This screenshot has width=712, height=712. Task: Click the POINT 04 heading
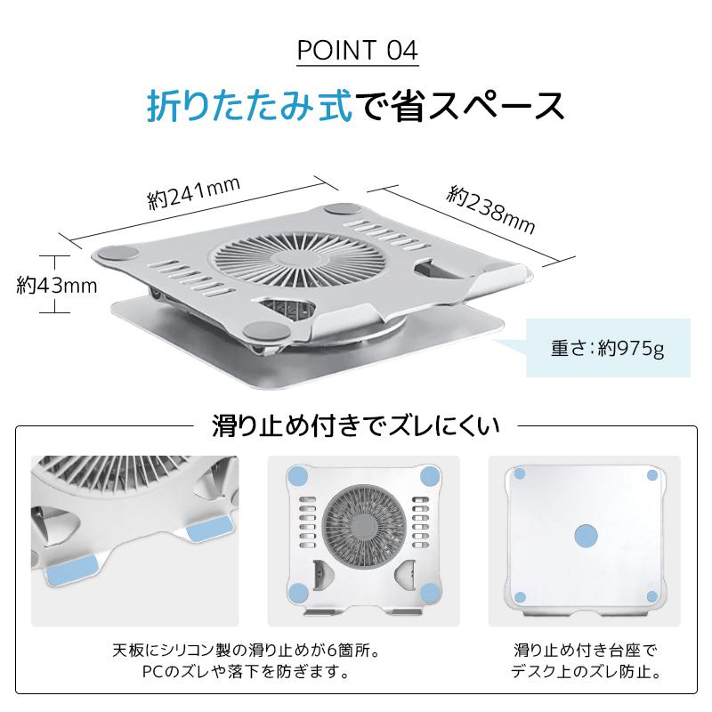356,50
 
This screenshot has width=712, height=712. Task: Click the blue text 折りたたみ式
249,105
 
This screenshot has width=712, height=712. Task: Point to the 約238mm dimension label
492,210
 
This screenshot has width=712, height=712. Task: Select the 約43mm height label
56,285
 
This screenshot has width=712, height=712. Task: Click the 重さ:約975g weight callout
595,347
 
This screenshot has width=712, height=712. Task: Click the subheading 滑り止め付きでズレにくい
356,425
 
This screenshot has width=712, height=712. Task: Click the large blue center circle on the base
586,534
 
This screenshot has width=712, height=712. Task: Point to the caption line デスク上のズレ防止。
586,670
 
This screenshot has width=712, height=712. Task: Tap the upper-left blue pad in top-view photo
299,474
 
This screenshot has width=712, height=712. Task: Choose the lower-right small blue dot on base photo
651,595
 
